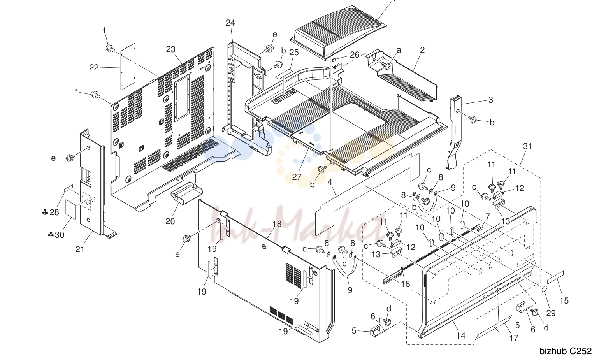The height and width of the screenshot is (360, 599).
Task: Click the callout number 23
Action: tap(170, 49)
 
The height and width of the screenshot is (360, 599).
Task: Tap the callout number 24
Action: tap(230, 23)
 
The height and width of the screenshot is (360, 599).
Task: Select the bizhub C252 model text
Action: tap(566, 351)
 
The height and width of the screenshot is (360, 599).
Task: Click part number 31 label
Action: tap(527, 146)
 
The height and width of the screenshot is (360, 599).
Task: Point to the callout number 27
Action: tap(297, 177)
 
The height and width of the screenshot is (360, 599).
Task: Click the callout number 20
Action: tap(170, 221)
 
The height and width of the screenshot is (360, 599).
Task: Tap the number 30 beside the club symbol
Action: tap(60, 235)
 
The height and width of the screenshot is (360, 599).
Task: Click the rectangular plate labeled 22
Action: tap(128, 66)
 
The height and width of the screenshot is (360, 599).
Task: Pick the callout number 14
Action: tap(461, 335)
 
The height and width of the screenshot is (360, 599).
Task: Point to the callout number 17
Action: tap(513, 338)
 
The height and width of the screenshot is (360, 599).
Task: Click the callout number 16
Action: tap(406, 284)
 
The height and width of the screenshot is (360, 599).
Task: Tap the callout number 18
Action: tap(277, 224)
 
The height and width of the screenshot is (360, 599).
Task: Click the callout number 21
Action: tap(80, 249)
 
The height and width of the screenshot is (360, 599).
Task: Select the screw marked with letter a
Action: tap(386, 65)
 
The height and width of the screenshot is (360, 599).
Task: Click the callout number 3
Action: tap(490, 100)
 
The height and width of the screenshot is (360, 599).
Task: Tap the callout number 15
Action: tap(564, 300)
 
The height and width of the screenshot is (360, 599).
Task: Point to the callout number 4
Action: tap(330, 182)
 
